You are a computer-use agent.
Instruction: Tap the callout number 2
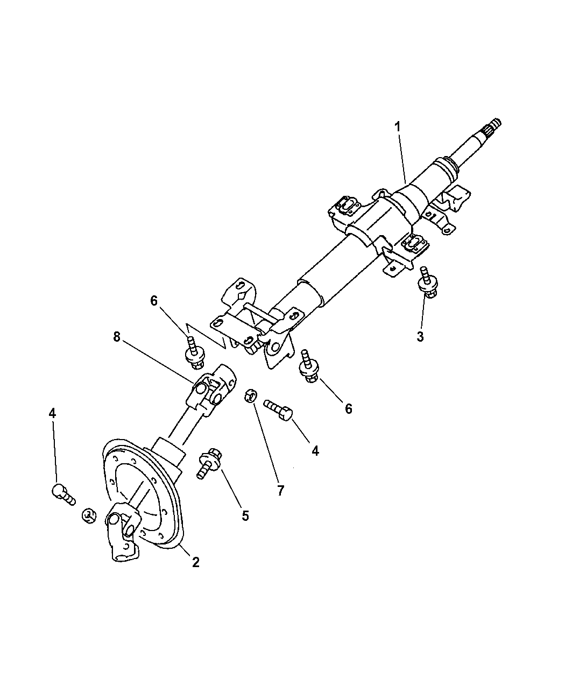point(196,562)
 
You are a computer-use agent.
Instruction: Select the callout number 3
point(420,337)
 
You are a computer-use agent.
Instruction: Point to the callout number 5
point(245,515)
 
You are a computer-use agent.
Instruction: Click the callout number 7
point(280,490)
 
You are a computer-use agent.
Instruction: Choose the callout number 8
point(116,337)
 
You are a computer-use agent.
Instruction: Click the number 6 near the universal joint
point(154,301)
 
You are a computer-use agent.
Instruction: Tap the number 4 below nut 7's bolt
point(315,451)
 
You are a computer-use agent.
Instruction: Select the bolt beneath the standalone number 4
point(62,492)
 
